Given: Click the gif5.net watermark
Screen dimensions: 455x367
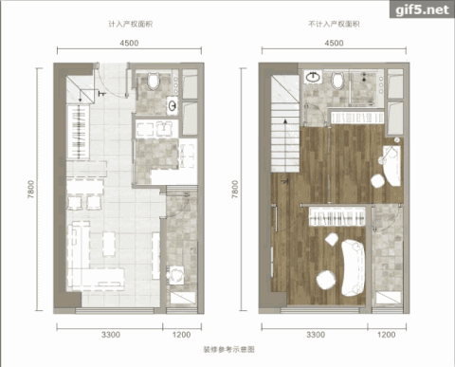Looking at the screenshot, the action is click(422, 9).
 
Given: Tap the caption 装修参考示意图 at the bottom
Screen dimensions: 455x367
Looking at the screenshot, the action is click(228, 350).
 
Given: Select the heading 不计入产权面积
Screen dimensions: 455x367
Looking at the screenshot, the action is click(334, 24).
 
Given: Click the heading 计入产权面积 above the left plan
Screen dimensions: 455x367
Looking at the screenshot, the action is click(131, 24).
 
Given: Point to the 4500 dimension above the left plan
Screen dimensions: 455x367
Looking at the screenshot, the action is click(129, 43).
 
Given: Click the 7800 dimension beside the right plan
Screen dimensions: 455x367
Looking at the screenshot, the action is click(234, 189).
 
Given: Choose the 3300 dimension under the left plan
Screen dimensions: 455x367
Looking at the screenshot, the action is click(111, 335).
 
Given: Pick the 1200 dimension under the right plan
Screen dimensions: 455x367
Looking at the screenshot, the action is click(386, 335).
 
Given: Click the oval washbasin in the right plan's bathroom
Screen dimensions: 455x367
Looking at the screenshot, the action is click(313, 77).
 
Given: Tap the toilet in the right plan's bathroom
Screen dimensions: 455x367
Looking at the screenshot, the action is click(337, 80).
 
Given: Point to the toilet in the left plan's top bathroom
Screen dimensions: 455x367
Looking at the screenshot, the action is click(154, 81).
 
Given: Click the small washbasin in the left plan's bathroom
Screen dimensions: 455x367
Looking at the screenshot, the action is click(173, 105).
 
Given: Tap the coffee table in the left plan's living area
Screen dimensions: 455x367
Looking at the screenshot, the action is click(109, 244).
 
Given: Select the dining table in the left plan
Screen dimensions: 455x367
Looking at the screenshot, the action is click(85, 188).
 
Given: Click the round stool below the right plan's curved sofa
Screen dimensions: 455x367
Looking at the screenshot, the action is click(326, 280).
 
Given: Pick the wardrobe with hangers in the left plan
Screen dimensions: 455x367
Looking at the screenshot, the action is click(78, 132).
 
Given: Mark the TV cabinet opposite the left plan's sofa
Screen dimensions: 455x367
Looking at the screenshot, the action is click(155, 256).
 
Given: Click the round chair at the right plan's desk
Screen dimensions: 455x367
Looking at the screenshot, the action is click(378, 181).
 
